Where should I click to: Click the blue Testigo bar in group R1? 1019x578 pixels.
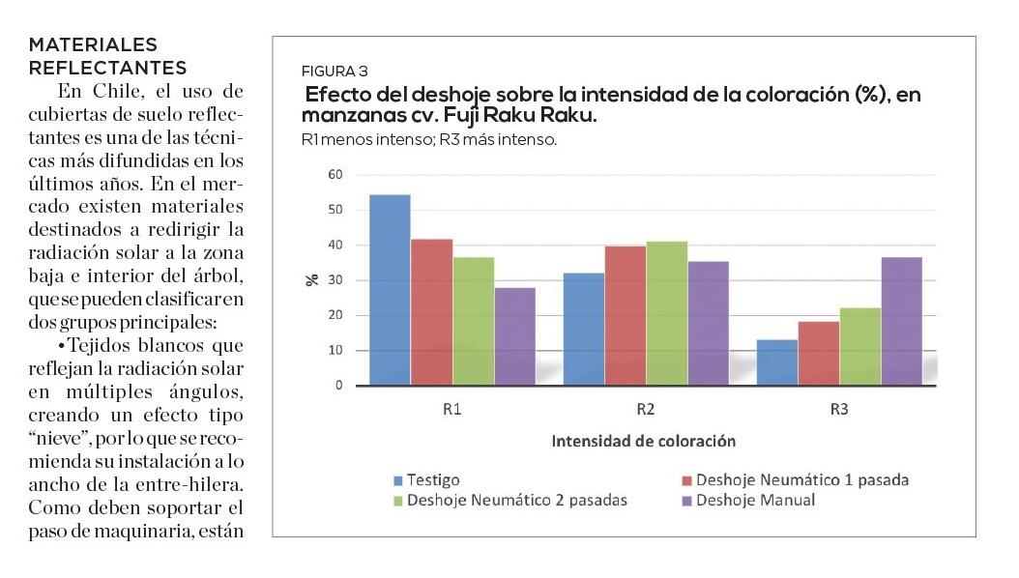click(390, 290)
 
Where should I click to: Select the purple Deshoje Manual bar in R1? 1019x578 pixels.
click(514, 336)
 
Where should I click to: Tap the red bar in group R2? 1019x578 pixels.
click(625, 315)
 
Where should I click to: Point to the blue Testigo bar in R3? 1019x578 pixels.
click(776, 362)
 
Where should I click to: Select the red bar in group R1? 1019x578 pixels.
click(431, 312)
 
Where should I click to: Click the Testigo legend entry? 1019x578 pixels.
click(432, 479)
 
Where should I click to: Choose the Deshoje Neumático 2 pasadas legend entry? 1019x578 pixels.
click(517, 500)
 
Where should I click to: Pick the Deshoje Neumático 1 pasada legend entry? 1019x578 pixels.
click(801, 479)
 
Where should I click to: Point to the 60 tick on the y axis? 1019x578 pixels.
click(335, 175)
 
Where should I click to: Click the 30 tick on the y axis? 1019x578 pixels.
click(335, 280)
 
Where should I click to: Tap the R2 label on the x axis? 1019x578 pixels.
click(646, 409)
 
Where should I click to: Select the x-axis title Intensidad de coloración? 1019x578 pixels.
click(643, 441)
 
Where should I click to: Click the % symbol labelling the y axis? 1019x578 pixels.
click(312, 280)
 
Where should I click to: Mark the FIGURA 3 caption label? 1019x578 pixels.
click(335, 72)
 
